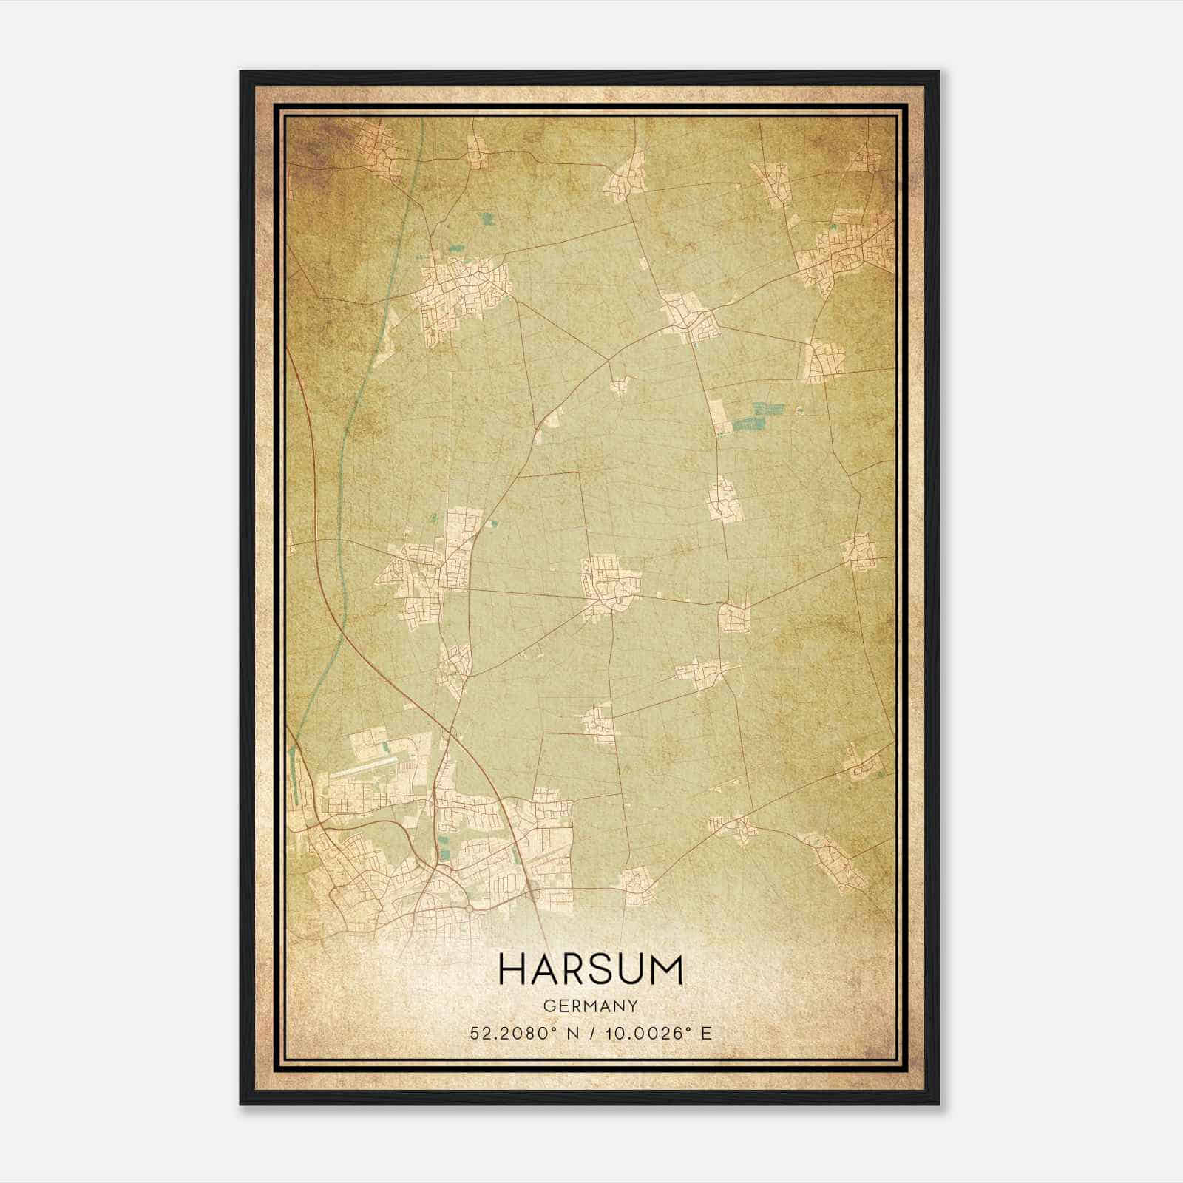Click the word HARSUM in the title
pos(591,969)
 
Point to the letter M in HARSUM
pos(668,969)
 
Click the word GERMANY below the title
pos(591,1006)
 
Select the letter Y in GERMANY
pos(633,1006)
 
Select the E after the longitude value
pos(707,1034)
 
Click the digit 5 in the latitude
pos(473,1034)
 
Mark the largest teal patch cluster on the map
pos(756,417)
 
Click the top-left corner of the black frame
pos(242,72)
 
